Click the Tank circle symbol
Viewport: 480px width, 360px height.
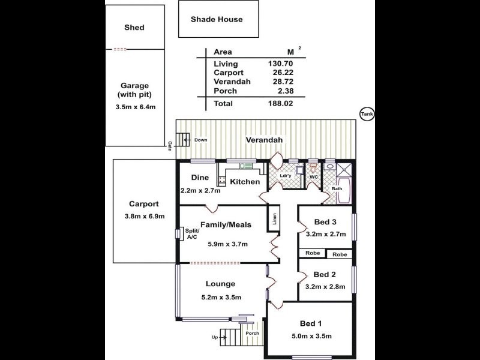coord(366,114)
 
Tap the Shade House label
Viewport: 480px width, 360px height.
coord(217,19)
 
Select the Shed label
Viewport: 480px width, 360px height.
coord(134,28)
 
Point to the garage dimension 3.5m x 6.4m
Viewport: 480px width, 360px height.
coord(135,107)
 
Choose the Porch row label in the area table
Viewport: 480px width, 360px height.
coord(225,91)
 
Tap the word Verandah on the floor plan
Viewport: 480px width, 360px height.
coord(264,140)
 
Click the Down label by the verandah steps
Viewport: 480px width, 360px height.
coord(200,140)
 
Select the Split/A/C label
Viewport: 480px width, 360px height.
coord(191,233)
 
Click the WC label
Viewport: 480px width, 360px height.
coord(313,177)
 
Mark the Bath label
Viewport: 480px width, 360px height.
coord(337,188)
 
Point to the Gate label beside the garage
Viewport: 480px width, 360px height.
coord(170,146)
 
